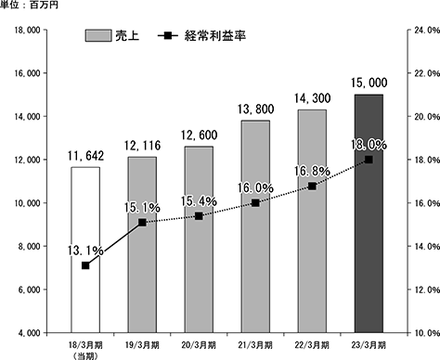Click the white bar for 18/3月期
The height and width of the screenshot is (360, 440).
85,250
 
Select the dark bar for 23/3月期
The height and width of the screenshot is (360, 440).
369,213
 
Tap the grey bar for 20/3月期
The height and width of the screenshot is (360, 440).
199,239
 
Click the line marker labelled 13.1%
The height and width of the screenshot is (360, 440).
85,265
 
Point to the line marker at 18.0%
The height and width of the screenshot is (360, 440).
369,160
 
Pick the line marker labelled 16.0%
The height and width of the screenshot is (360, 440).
255,203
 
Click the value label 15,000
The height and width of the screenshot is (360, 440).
369,83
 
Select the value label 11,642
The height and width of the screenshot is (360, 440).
85,156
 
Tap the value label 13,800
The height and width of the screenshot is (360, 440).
255,109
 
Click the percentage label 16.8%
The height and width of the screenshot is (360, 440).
312,171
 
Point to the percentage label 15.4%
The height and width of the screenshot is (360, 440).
199,201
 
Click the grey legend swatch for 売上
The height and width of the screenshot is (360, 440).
98,35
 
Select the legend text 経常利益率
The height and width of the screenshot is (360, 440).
215,36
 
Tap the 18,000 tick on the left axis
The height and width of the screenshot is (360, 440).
28,30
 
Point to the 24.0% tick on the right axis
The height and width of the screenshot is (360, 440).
427,30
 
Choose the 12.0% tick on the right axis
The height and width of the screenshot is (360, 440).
427,289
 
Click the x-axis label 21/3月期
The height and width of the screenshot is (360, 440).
255,345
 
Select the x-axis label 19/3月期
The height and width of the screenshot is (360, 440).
142,345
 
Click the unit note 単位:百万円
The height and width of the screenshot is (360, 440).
29,5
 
